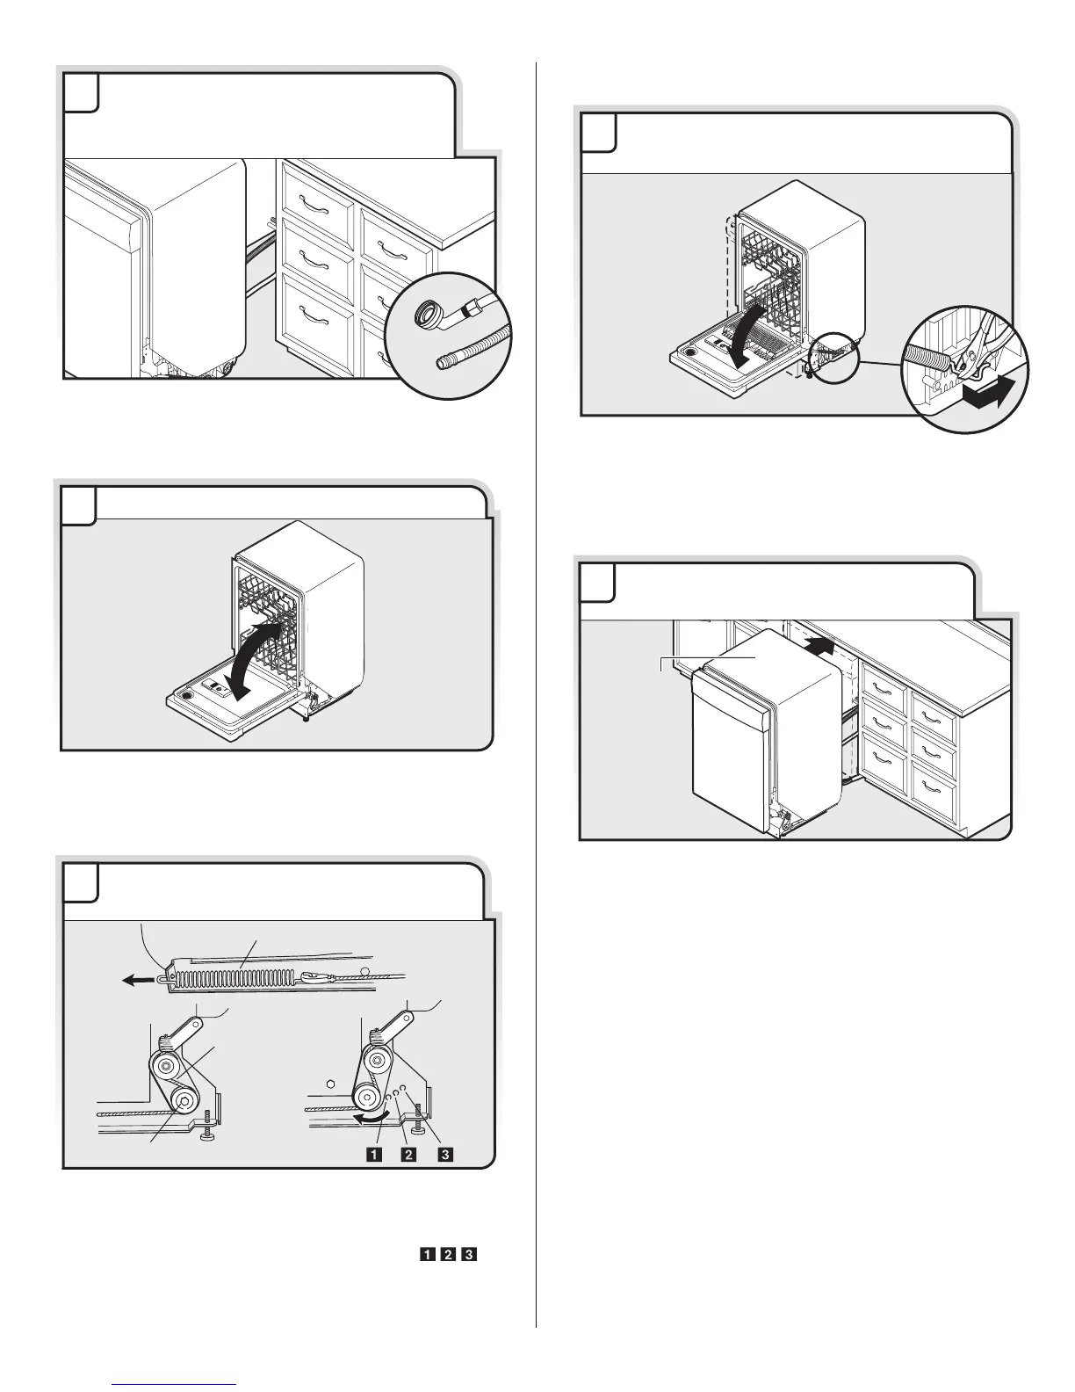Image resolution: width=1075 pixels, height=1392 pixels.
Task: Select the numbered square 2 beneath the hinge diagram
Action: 408,1154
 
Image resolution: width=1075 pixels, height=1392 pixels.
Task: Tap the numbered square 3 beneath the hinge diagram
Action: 445,1154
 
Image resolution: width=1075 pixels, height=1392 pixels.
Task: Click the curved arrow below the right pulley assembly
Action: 374,1117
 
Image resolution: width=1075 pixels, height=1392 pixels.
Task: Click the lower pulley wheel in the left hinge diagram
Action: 184,1100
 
